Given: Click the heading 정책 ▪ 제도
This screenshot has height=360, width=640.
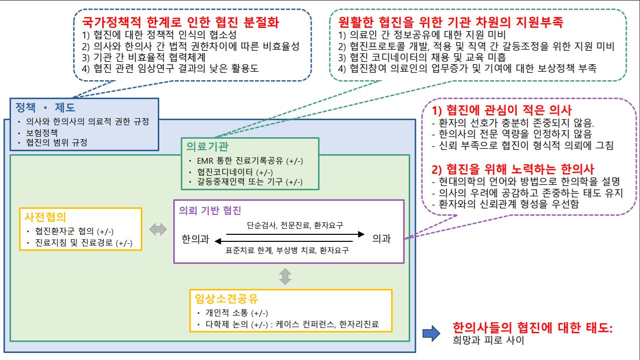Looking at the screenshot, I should pyautogui.click(x=45, y=107).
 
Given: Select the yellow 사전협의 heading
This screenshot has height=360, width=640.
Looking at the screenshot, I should pyautogui.click(x=45, y=217).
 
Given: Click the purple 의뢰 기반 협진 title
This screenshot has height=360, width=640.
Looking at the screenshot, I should pyautogui.click(x=210, y=210).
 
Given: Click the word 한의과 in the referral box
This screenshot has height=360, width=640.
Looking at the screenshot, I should pyautogui.click(x=195, y=239).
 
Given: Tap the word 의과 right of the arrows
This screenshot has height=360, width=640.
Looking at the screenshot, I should pyautogui.click(x=381, y=239).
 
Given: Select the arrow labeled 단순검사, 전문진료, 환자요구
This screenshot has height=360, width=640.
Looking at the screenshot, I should pyautogui.click(x=295, y=234).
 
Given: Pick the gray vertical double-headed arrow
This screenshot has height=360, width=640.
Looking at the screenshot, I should pyautogui.click(x=285, y=276).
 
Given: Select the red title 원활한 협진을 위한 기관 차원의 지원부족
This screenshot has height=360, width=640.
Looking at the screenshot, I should pyautogui.click(x=451, y=23).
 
